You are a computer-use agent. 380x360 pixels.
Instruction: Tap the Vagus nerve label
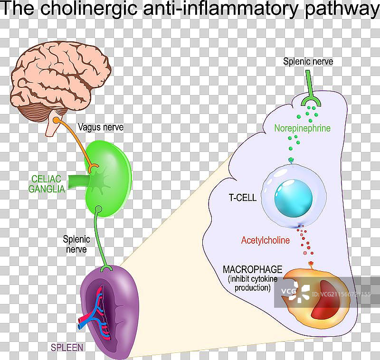click(100, 127)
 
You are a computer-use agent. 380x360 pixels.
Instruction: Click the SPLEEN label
click(66, 348)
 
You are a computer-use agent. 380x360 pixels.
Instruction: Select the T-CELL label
click(242, 198)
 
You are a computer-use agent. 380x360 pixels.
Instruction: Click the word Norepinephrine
click(302, 128)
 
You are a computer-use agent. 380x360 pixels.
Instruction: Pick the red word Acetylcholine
click(265, 240)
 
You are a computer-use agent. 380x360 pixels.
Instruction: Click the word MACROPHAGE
click(253, 269)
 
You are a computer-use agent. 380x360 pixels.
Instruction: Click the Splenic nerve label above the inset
click(308, 61)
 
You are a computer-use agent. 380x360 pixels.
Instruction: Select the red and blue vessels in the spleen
click(97, 311)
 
